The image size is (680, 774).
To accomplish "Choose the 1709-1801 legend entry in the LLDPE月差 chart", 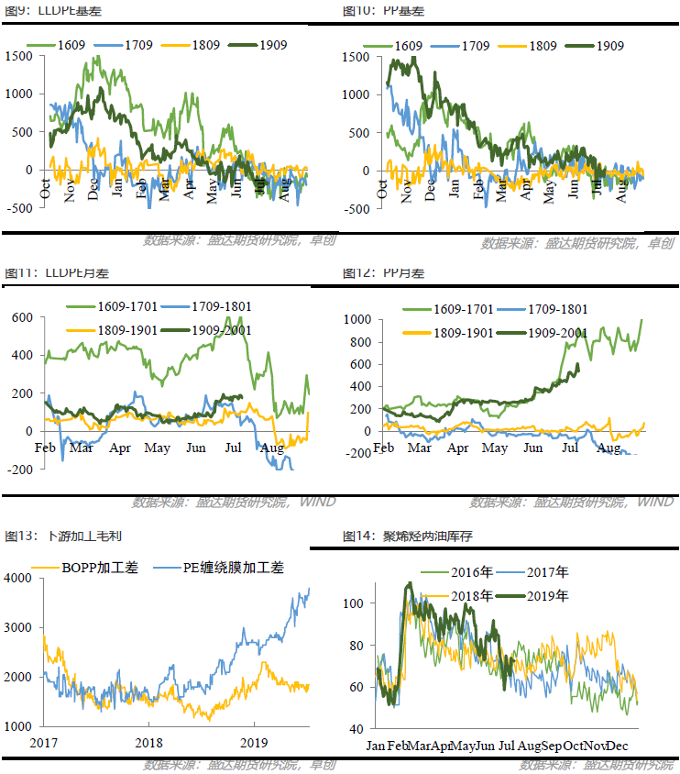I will pyautogui.click(x=214, y=307).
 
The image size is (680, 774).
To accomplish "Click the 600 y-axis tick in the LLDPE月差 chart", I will pyautogui.click(x=22, y=317).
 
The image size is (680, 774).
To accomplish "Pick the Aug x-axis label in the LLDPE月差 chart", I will pyautogui.click(x=272, y=448).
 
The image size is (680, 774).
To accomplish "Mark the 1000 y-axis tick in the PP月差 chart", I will pyautogui.click(x=356, y=319).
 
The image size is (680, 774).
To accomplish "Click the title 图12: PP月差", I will pyautogui.click(x=383, y=273).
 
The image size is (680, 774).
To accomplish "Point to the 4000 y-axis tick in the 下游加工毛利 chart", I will pyautogui.click(x=18, y=579).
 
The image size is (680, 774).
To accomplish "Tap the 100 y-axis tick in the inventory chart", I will pyautogui.click(x=356, y=603).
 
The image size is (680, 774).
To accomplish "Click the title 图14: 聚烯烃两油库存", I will pyautogui.click(x=394, y=536).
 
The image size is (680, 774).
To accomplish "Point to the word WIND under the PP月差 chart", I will pyautogui.click(x=655, y=502).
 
